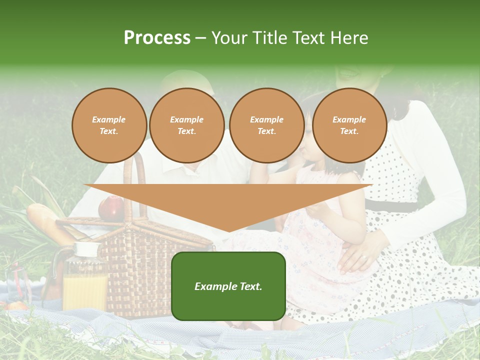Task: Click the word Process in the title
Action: (157, 38)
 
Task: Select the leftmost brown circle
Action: (109, 125)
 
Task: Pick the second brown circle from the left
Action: (187, 125)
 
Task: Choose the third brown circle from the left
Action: (267, 125)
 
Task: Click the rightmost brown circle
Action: (349, 125)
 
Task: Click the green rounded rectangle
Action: (228, 286)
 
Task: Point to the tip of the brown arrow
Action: (229, 231)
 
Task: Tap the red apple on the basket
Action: (111, 208)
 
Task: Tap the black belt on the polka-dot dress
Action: (395, 206)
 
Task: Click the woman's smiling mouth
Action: (347, 74)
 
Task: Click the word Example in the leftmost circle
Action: (109, 120)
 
